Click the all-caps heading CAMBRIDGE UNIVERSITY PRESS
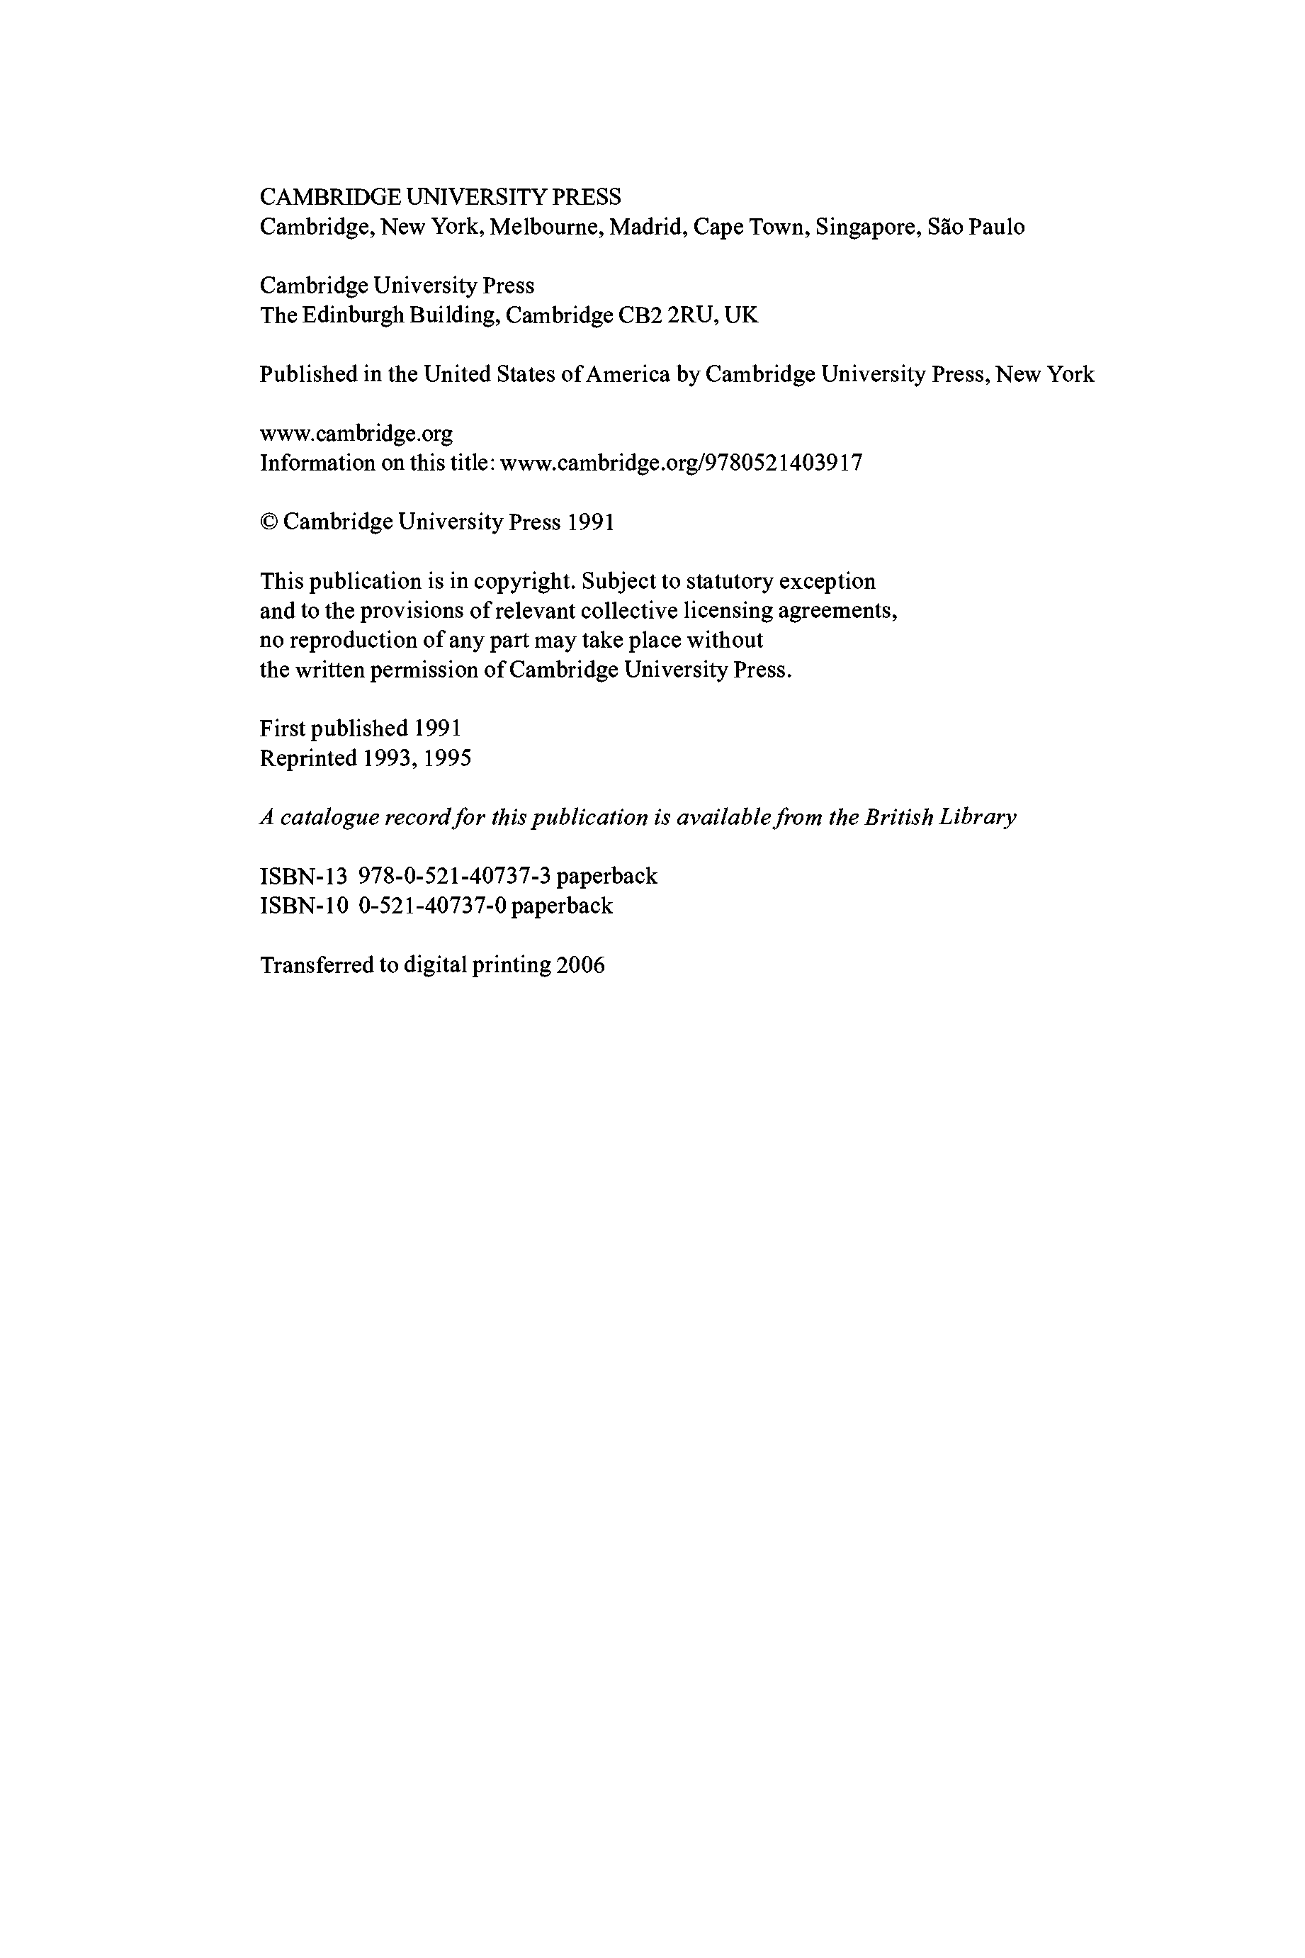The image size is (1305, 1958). click(439, 197)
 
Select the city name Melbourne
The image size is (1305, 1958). click(546, 227)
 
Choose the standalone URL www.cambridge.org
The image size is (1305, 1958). click(356, 434)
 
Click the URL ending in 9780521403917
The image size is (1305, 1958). click(681, 463)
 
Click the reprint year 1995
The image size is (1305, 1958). click(447, 758)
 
